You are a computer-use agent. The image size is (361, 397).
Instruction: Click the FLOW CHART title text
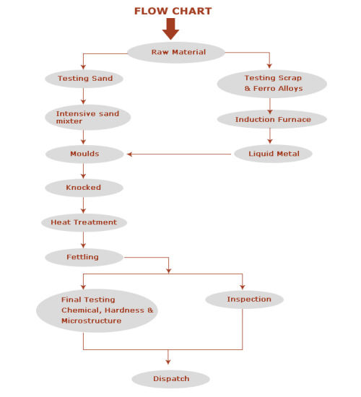click(x=173, y=11)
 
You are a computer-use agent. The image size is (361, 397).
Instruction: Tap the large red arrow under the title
click(x=170, y=29)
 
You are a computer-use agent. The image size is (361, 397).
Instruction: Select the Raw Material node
click(x=178, y=52)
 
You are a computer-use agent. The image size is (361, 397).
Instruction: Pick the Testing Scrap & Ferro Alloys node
click(x=272, y=83)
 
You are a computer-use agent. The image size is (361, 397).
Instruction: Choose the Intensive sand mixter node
click(x=87, y=117)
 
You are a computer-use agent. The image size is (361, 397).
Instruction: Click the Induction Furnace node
click(x=272, y=120)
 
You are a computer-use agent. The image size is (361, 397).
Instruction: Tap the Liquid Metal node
click(x=273, y=154)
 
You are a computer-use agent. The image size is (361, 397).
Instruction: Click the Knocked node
click(x=84, y=188)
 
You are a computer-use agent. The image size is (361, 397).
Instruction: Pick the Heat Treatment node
click(x=84, y=222)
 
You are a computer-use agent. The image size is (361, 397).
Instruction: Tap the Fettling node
click(x=83, y=256)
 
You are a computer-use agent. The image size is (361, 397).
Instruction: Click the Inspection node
click(x=244, y=299)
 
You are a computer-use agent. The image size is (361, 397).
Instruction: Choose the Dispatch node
click(x=171, y=379)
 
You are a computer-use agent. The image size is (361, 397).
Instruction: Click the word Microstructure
click(x=91, y=320)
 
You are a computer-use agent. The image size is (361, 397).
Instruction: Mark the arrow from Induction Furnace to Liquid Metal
click(x=270, y=136)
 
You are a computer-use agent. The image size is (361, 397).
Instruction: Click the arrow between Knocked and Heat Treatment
click(x=83, y=205)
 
